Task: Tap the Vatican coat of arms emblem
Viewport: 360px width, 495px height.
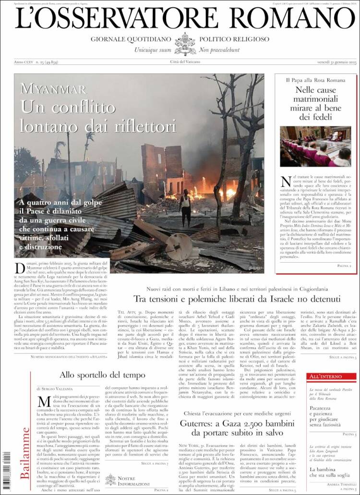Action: coord(185,44)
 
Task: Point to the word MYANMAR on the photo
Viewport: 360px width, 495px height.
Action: coord(54,89)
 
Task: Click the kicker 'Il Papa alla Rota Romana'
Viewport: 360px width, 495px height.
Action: coord(315,80)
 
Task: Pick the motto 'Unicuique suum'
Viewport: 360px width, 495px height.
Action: coord(152,49)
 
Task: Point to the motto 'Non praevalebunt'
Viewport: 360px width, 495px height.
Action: coord(219,49)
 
